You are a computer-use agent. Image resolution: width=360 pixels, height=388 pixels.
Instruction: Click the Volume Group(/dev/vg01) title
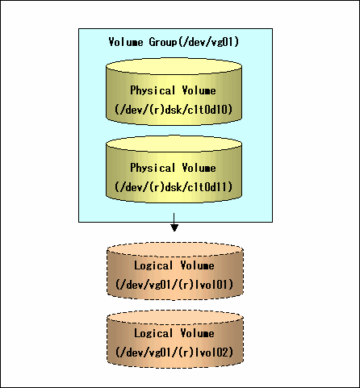pos(174,42)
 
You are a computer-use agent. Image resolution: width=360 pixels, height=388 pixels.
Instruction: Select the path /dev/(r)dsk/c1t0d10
pos(174,110)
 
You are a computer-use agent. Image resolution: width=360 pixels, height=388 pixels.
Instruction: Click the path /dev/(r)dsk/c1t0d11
pos(174,186)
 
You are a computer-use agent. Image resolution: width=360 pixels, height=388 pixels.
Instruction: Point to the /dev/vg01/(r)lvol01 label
pos(174,285)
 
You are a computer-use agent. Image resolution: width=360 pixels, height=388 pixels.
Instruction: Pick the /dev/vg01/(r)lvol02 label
pos(174,352)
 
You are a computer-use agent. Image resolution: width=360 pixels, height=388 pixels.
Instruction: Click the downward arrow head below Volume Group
pos(174,227)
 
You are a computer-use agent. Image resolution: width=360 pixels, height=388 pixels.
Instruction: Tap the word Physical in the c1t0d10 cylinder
pos(153,90)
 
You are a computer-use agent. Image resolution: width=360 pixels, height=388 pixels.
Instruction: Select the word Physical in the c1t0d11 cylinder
pos(153,168)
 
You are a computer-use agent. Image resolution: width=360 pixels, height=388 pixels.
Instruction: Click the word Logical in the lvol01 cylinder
pos(153,265)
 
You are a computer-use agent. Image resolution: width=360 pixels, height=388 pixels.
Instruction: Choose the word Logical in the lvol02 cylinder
pos(153,333)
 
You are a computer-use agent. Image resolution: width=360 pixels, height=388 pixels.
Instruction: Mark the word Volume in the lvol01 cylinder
pos(198,265)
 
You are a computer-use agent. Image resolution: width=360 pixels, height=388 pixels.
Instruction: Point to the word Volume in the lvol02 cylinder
pos(198,333)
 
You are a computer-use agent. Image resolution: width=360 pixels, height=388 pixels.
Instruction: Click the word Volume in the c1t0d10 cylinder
pos(199,90)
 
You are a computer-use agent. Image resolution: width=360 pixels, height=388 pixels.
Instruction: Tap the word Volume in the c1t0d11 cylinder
pos(199,168)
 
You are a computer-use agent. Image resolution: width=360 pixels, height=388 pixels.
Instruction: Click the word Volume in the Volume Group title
pos(126,42)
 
